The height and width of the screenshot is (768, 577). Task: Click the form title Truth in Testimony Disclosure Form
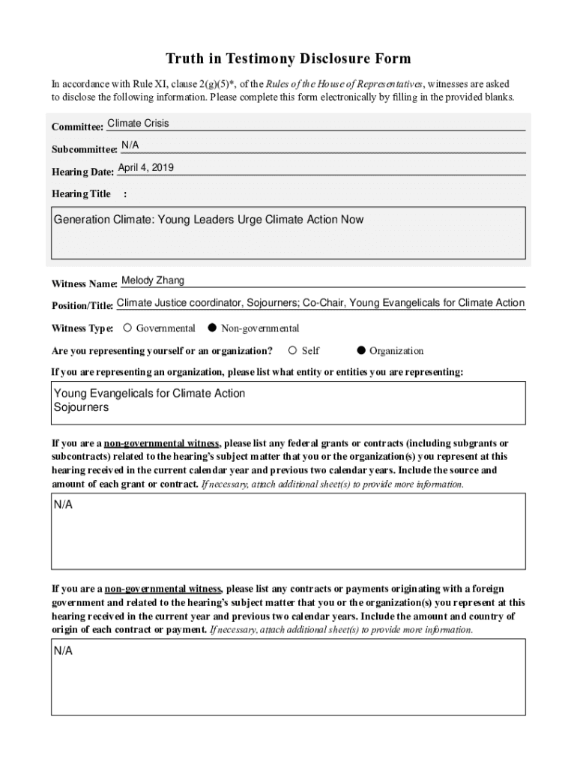coord(288,58)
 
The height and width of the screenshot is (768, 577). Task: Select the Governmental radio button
coord(128,328)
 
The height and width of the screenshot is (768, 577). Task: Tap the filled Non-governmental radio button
coord(212,328)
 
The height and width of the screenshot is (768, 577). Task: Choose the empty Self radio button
coord(293,350)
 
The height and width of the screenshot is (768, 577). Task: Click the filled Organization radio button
coord(361,350)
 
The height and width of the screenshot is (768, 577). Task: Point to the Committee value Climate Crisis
coord(138,123)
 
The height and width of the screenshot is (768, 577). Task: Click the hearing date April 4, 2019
coord(146,167)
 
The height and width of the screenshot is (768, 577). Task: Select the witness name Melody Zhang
coord(153,280)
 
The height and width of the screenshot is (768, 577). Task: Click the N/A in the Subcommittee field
coord(130,145)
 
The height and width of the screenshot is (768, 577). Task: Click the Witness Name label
coord(84,284)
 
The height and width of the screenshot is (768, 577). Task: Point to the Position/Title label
coord(82,306)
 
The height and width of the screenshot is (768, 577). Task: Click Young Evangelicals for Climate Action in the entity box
coord(149,394)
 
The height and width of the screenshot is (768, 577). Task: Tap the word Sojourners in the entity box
coord(81,408)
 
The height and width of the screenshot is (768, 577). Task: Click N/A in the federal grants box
coord(63,505)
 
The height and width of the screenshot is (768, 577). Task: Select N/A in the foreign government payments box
coord(63,651)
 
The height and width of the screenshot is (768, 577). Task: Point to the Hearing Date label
coord(82,172)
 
